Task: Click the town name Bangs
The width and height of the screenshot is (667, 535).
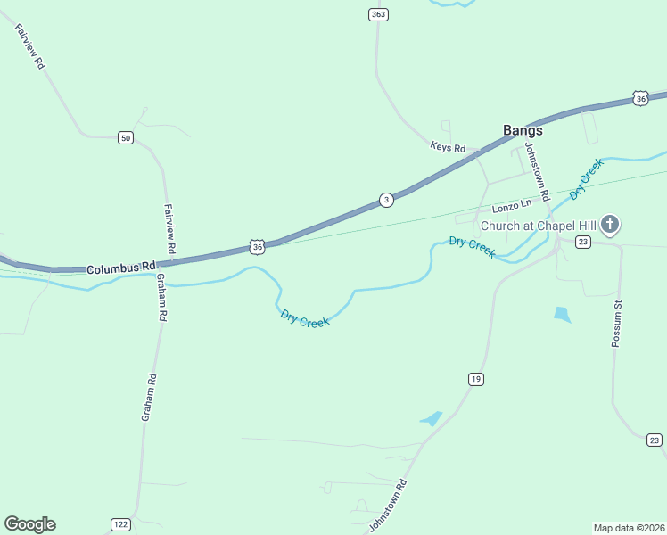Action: pos(523,129)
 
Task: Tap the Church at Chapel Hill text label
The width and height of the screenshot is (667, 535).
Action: pos(538,225)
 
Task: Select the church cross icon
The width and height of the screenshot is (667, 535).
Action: pos(610,224)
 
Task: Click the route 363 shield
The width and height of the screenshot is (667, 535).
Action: pos(378,14)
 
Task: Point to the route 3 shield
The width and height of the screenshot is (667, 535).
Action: pos(385,200)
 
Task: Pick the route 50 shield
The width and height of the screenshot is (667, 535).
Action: pos(125,137)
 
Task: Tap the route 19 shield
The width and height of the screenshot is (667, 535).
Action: pos(476,380)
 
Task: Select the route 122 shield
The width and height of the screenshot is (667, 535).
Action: pos(120,523)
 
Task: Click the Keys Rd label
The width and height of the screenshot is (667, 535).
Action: pos(448,147)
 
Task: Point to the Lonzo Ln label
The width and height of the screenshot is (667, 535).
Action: pos(512,206)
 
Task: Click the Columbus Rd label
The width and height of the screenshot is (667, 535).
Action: pos(121,267)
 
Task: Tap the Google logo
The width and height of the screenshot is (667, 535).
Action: pos(29,523)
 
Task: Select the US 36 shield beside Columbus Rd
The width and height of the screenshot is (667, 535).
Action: pos(257,246)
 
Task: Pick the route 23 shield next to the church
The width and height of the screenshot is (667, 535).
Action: pos(582,243)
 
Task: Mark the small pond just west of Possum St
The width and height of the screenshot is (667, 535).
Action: pos(562,314)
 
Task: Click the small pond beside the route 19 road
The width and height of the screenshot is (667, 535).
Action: pos(432,417)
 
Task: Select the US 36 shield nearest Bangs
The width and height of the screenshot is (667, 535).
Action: pos(640,98)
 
